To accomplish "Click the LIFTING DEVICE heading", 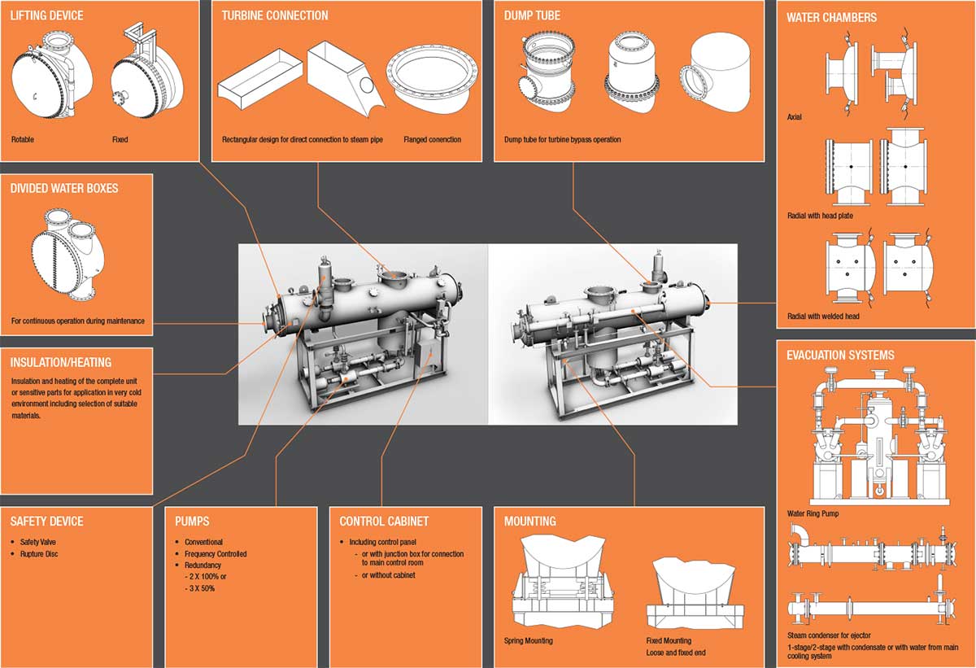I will [46, 15].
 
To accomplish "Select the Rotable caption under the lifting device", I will [24, 139].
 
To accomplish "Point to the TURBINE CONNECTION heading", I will [275, 15].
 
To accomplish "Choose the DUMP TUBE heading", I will [532, 15].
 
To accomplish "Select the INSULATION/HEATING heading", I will [61, 362].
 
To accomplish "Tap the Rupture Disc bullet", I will [39, 554].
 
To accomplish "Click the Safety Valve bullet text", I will [38, 542].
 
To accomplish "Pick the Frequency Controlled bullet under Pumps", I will [216, 554].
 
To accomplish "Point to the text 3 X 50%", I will [200, 587].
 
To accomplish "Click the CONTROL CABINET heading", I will [384, 521].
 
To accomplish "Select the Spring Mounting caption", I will [528, 640].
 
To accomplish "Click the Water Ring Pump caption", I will [813, 513].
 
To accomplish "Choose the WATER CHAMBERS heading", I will [831, 17].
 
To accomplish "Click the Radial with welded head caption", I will [823, 316].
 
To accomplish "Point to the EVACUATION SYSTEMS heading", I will [840, 355].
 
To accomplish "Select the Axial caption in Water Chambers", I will [794, 117].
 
